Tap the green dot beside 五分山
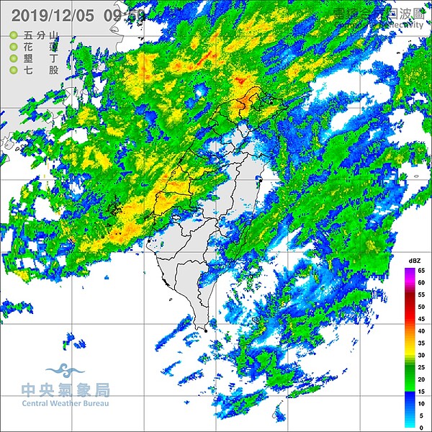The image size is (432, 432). pyautogui.click(x=14, y=35)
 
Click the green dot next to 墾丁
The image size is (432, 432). pyautogui.click(x=14, y=58)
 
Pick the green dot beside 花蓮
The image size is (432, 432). pyautogui.click(x=14, y=46)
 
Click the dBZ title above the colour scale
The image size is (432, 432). pyautogui.click(x=414, y=260)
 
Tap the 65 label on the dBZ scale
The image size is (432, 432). pyautogui.click(x=422, y=270)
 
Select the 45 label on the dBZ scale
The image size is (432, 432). pyautogui.click(x=422, y=319)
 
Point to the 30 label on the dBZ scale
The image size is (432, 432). pyautogui.click(x=422, y=355)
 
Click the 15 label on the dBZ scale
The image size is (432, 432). pyautogui.click(x=422, y=391)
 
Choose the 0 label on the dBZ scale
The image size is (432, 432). pyautogui.click(x=423, y=428)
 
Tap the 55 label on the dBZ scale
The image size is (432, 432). pyautogui.click(x=422, y=294)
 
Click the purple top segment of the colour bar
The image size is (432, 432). pyautogui.click(x=410, y=273)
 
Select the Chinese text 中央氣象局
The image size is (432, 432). pyautogui.click(x=66, y=390)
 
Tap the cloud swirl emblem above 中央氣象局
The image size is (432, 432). pyautogui.click(x=65, y=372)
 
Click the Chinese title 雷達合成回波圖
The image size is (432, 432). pyautogui.click(x=374, y=13)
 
